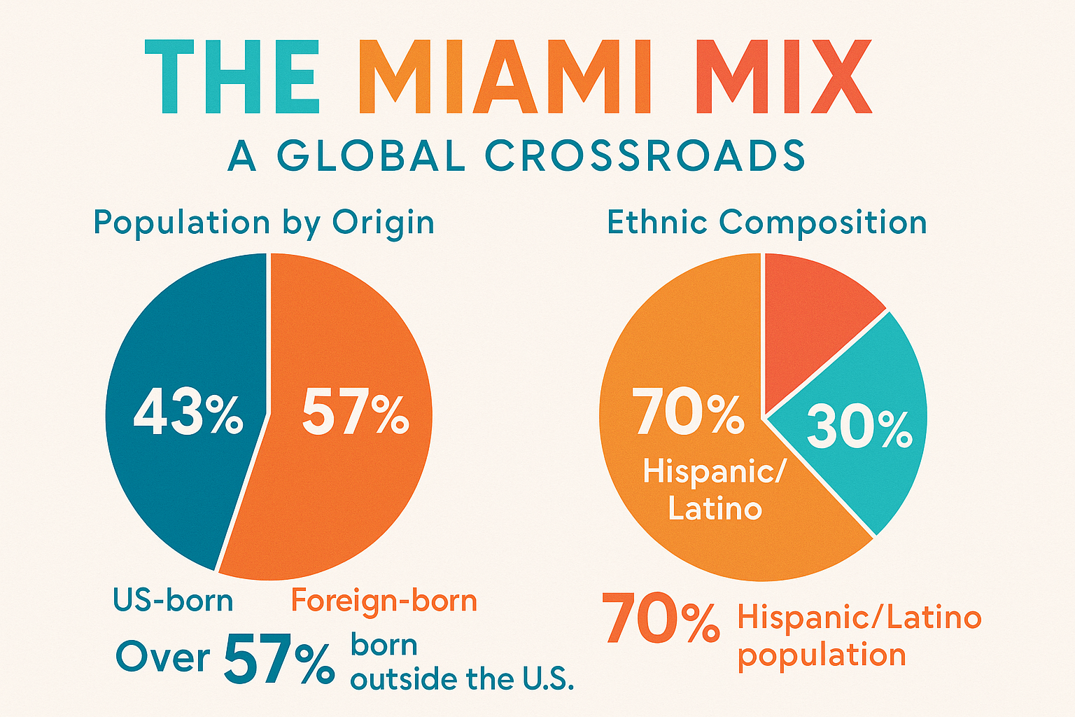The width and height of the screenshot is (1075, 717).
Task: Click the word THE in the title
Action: (x=232, y=77)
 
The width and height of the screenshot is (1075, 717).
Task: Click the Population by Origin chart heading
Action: (x=264, y=223)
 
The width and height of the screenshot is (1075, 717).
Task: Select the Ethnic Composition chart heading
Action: (x=766, y=223)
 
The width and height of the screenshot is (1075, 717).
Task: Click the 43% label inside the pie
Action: (x=188, y=413)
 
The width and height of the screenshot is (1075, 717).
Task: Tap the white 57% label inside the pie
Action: (x=355, y=413)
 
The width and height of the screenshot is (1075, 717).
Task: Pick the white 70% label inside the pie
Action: (x=687, y=413)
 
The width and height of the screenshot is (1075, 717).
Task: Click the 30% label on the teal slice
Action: (x=859, y=427)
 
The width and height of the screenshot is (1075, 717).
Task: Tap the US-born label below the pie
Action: (x=173, y=601)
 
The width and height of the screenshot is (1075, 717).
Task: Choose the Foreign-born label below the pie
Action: (x=384, y=601)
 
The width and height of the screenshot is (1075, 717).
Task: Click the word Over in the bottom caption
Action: (x=162, y=657)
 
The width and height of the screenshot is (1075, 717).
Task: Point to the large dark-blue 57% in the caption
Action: (x=279, y=660)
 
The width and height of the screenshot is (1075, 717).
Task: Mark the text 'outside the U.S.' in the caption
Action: (x=462, y=679)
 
